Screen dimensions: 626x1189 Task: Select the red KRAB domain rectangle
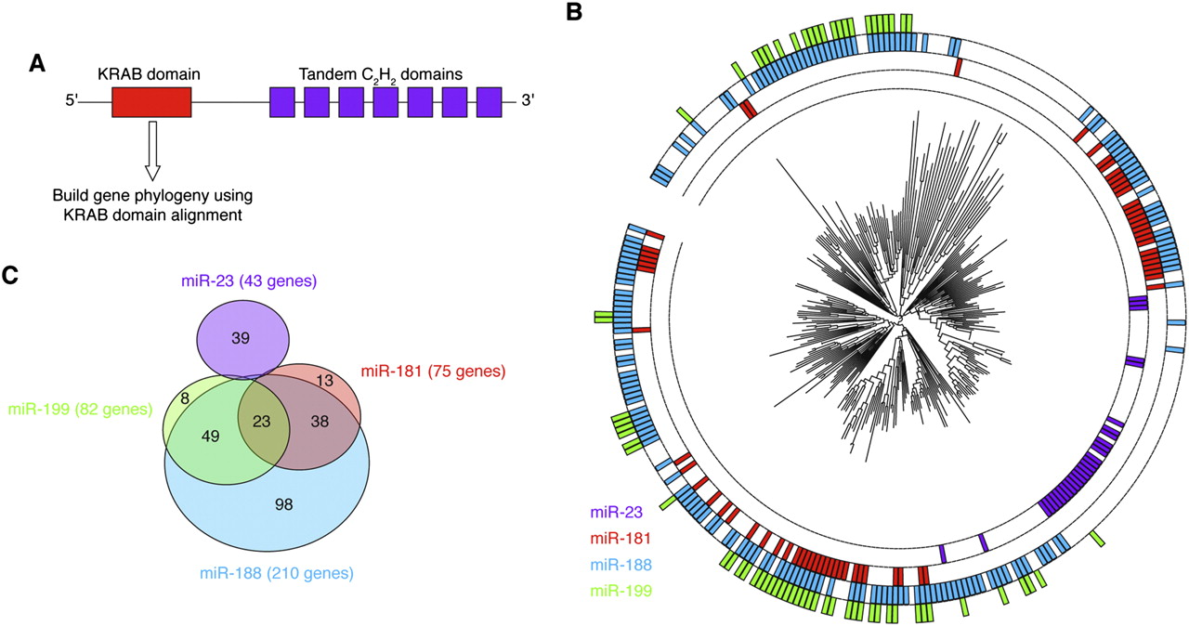click(151, 102)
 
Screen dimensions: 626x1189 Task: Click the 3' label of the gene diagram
click(526, 102)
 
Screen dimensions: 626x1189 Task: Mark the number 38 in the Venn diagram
click(320, 420)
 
